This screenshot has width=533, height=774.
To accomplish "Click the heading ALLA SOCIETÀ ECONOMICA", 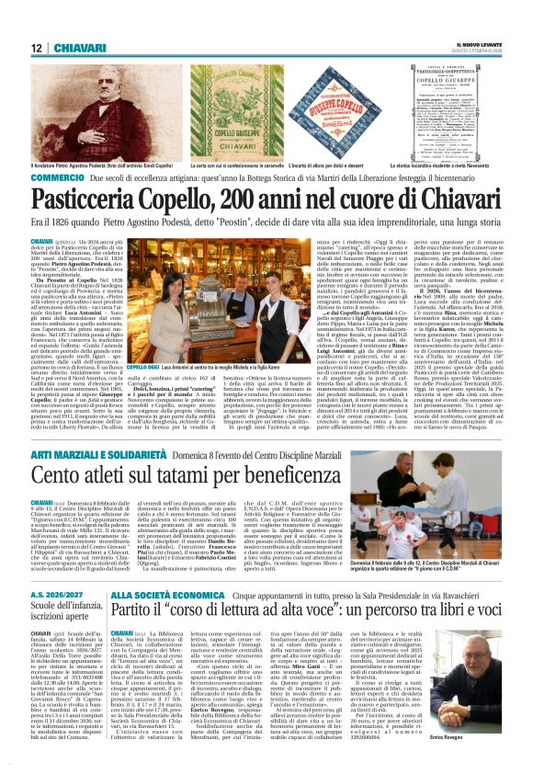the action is pos(161,596).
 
